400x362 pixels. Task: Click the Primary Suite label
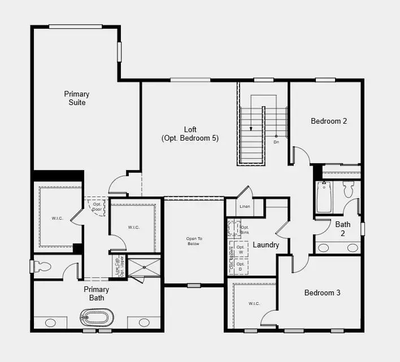[x=76, y=98]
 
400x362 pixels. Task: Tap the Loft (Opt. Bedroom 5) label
[x=190, y=134]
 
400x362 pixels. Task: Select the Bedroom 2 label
[x=329, y=121]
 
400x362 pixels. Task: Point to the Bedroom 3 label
[x=322, y=293]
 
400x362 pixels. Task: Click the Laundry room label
[x=266, y=245]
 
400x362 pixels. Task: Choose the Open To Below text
[x=194, y=241]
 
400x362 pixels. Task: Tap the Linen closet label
[x=245, y=207]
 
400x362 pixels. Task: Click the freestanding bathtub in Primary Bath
[x=98, y=317]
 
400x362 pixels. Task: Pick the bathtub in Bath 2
[x=324, y=196]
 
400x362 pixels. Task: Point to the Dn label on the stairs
[x=276, y=142]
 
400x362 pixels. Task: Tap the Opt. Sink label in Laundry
[x=245, y=230]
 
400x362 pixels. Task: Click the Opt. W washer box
[x=241, y=249]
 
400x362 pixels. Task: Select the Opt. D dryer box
[x=241, y=266]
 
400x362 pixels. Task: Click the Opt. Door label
[x=96, y=207]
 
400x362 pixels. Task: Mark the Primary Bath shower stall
[x=145, y=267]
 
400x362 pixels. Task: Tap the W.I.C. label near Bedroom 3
[x=254, y=304]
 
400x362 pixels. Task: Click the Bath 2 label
[x=343, y=228]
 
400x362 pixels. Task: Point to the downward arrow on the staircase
[x=251, y=127]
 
